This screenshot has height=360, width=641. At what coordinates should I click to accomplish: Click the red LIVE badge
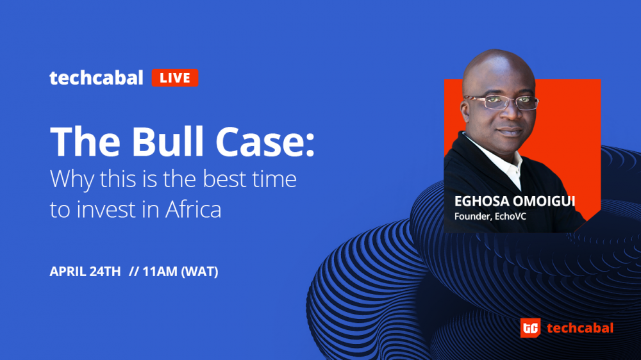175,78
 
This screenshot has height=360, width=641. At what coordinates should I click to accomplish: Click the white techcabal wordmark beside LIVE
97,78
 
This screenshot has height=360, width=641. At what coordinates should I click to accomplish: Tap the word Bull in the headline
167,141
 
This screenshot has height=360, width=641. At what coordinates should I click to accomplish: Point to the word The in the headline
85,141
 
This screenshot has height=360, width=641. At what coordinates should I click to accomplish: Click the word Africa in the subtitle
194,209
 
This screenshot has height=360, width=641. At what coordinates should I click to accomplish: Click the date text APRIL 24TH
85,272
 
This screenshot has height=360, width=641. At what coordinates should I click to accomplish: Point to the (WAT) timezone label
199,272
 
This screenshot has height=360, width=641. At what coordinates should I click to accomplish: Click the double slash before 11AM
134,272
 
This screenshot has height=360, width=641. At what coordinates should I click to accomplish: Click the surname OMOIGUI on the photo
544,201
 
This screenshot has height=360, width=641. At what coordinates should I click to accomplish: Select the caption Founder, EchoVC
490,217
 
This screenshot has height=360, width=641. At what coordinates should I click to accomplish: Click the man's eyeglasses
501,102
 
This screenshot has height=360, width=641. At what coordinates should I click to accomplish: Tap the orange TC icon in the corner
530,328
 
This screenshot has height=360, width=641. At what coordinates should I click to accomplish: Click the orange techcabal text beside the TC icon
579,328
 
